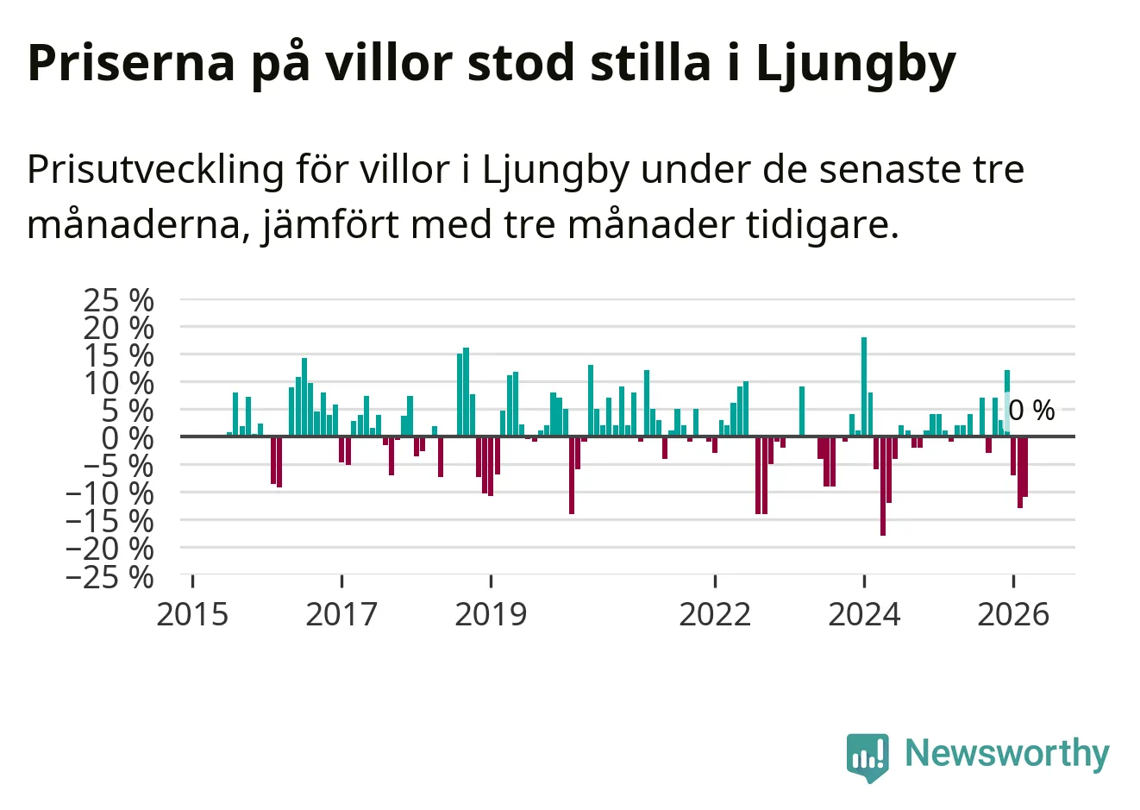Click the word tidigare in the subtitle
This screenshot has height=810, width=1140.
(823, 225)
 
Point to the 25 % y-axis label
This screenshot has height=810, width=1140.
(118, 300)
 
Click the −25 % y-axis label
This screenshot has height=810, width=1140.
(110, 577)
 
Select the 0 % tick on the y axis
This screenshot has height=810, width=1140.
(128, 438)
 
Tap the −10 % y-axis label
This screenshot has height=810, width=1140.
(110, 493)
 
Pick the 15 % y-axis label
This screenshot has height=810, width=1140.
(118, 355)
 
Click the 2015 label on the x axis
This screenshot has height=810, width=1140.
(192, 614)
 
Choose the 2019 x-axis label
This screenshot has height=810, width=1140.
(492, 614)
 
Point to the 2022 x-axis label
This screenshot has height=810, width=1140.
(715, 614)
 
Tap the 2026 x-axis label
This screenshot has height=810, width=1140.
(1013, 614)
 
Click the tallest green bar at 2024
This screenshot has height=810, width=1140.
(864, 387)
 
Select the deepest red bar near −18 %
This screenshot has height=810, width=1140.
(882, 487)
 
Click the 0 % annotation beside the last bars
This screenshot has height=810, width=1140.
(1031, 411)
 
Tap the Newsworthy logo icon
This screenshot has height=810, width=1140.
(868, 757)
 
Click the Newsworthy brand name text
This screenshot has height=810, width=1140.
(1007, 753)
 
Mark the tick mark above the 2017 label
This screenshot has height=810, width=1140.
(342, 581)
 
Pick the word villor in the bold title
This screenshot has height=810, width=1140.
(389, 63)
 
